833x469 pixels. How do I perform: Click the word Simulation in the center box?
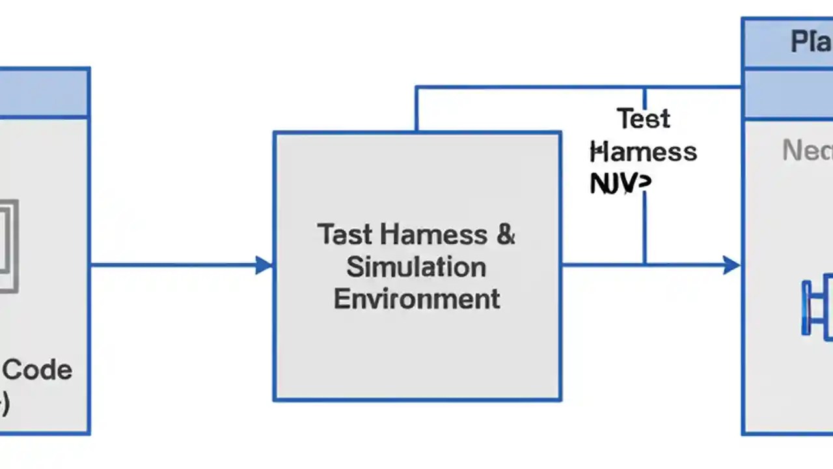416,267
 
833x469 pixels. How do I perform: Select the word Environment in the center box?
416,299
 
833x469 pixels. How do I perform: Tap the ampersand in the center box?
506,234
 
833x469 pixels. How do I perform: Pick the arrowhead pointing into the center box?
264,265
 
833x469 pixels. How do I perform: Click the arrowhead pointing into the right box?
731,265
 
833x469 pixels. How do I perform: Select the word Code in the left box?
38,370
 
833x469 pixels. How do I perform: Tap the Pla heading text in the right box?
811,42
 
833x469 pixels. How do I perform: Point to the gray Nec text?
807,151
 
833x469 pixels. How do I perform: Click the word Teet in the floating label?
643,119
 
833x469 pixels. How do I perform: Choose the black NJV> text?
620,184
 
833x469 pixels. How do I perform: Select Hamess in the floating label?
644,152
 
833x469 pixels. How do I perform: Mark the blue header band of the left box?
44,92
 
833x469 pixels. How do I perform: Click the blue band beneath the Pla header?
787,94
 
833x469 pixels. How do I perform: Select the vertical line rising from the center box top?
416,109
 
